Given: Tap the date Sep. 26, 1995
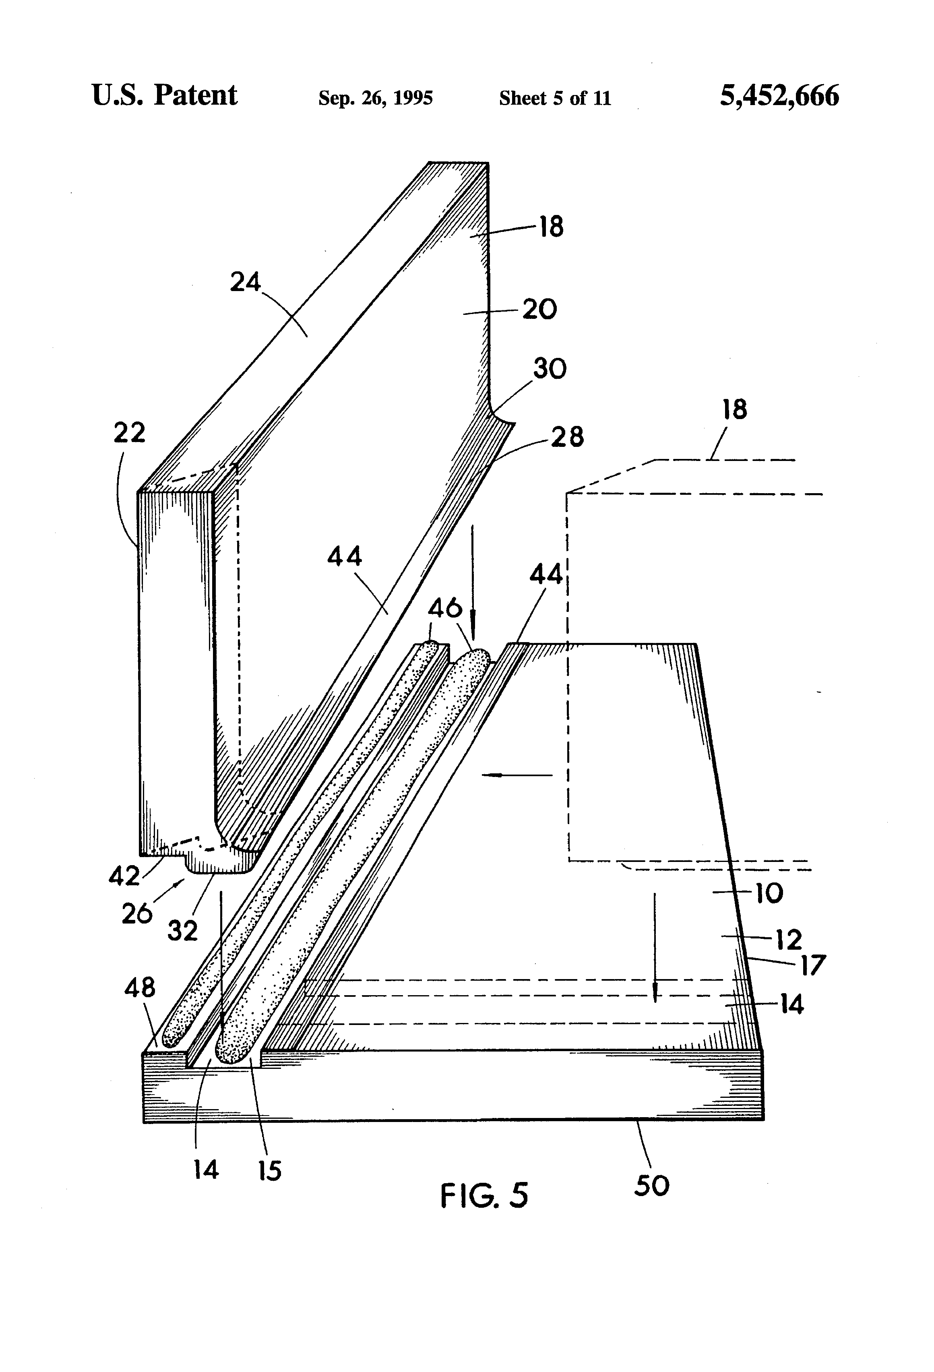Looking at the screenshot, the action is [376, 97].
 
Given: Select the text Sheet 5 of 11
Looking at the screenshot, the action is [555, 97].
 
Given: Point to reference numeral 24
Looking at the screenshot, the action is [245, 282].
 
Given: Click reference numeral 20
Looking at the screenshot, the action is [539, 309].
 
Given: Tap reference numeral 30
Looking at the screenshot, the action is [550, 369].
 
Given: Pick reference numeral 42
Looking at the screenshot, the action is [124, 876].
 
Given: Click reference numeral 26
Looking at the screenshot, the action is [137, 913].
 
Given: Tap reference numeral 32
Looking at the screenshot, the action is [182, 931].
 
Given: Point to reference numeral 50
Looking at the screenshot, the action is [652, 1186].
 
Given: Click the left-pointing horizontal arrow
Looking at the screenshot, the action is [517, 775].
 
